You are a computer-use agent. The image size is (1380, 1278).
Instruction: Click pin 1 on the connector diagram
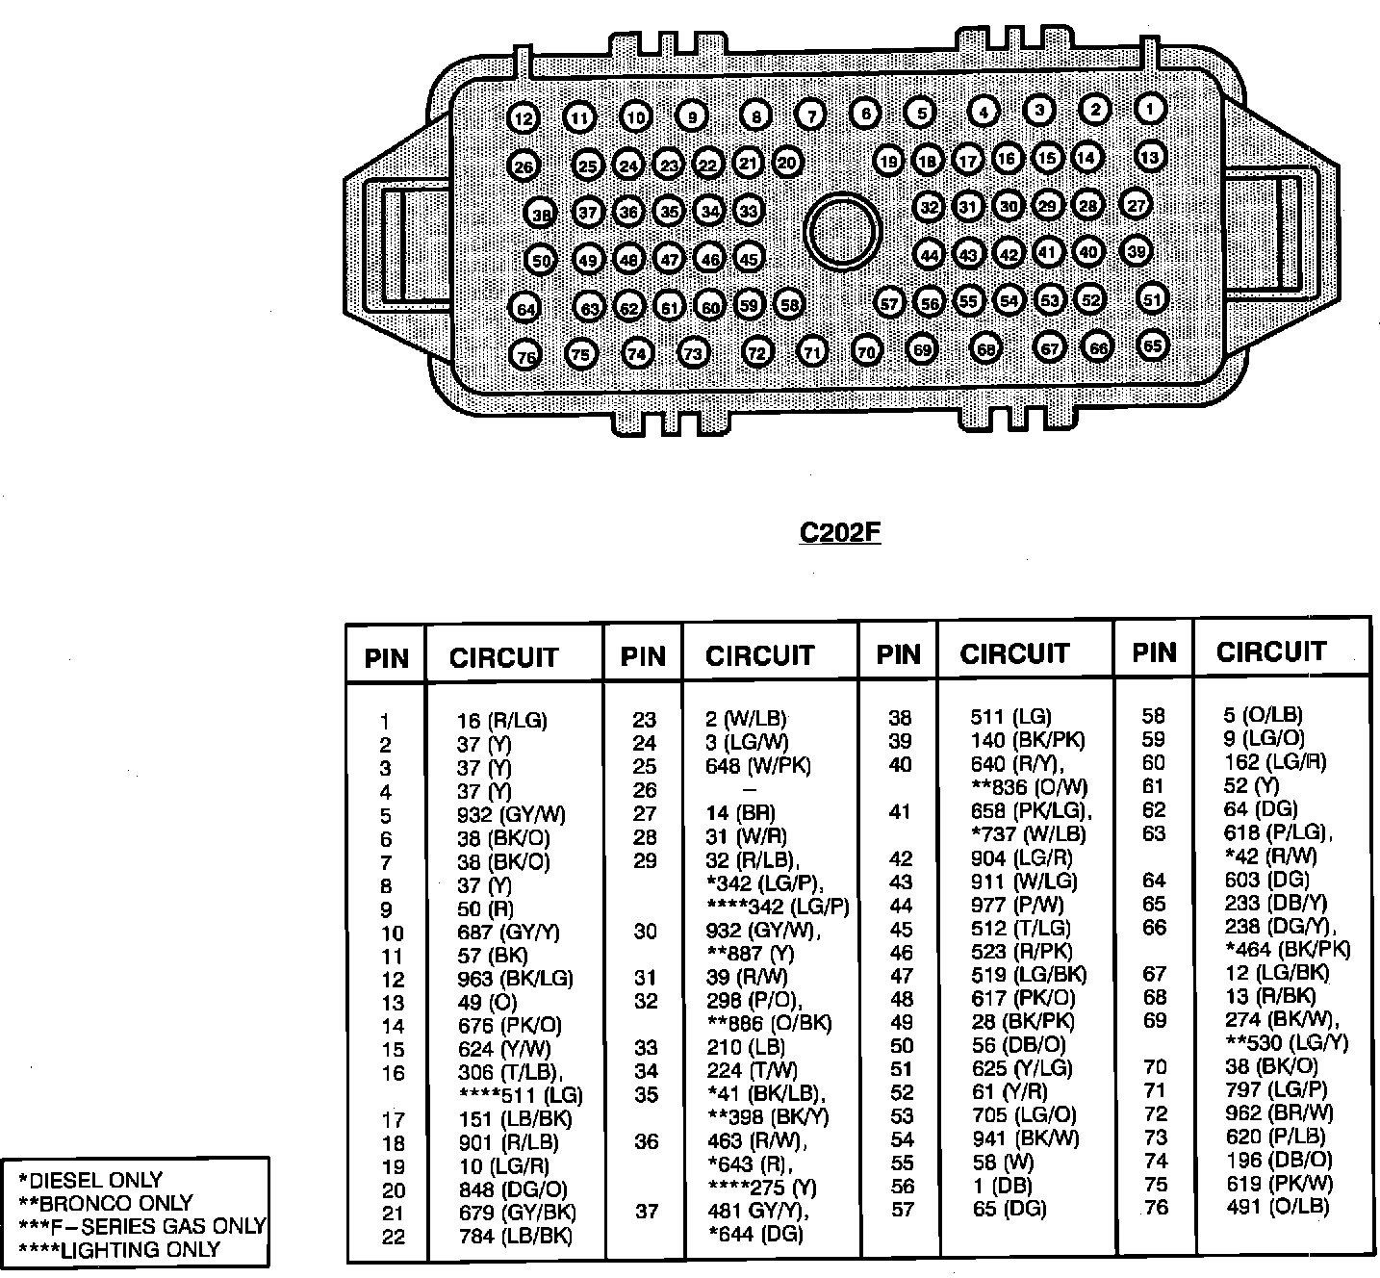point(1151,108)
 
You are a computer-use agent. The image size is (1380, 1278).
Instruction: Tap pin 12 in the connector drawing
point(523,119)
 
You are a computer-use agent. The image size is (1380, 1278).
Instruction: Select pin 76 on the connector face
point(525,356)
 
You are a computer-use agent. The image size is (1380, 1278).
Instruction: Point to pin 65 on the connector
point(1153,345)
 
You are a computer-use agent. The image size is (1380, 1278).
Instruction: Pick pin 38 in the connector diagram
point(542,214)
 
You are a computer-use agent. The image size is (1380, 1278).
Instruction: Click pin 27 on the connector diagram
point(1137,205)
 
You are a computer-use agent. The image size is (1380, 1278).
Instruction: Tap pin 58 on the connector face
point(789,305)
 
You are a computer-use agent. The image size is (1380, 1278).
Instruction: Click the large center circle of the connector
point(843,231)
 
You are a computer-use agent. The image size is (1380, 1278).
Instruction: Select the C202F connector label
point(840,532)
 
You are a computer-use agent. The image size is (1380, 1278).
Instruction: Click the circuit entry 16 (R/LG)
point(500,721)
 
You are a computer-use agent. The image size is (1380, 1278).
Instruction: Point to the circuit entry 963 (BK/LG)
point(514,979)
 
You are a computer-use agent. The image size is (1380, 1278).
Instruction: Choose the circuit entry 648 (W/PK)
point(757,766)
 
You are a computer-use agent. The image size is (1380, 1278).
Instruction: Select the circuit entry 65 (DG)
point(1009,1209)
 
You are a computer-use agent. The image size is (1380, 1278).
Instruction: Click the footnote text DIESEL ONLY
point(91,1180)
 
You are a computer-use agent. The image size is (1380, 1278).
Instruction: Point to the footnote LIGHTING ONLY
point(119,1250)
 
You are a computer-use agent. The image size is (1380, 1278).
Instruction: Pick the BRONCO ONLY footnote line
point(106,1203)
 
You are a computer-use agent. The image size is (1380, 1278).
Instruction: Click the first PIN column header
point(386,658)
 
